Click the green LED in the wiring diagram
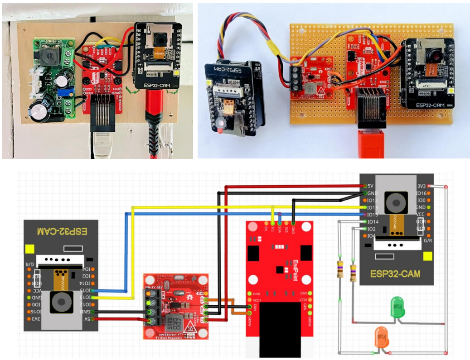point(397,307)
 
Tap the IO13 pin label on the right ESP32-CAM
point(372,207)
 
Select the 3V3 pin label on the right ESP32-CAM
point(421,186)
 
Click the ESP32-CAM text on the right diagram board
point(395,274)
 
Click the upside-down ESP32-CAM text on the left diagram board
point(61,231)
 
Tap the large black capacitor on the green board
point(39,110)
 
